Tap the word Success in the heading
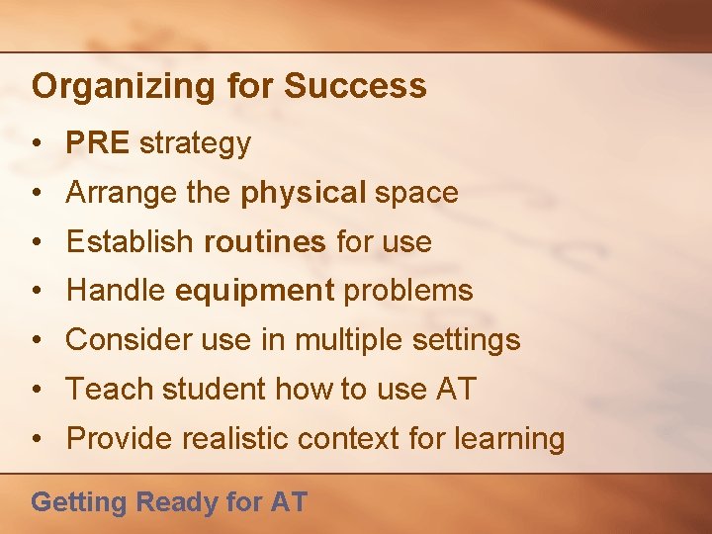pos(356,86)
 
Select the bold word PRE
pos(97,143)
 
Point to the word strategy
pos(195,144)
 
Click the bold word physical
pos(303,193)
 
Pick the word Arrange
pos(121,193)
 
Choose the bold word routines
pos(265,241)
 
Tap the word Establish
pos(131,241)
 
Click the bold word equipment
pos(255,291)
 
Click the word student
pos(214,389)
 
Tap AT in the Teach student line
pos(455,389)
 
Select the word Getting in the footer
pos(79,502)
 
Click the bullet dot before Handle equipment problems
pos(35,291)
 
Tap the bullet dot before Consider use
pos(35,340)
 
